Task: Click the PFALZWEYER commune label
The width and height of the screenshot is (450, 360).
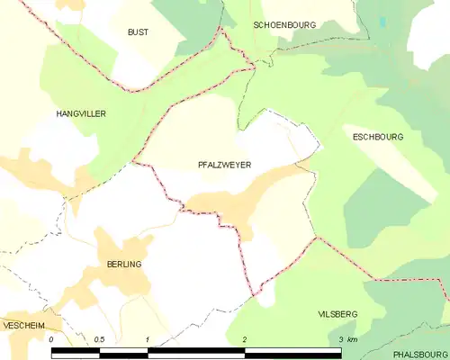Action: (x=224, y=166)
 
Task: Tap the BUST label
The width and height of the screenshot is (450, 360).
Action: (x=138, y=31)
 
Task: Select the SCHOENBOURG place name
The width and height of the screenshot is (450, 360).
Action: (x=284, y=25)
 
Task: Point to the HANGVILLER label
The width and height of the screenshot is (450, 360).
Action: (x=82, y=114)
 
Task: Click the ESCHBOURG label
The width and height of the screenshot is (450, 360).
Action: (x=378, y=137)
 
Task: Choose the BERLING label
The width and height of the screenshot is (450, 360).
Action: (x=124, y=265)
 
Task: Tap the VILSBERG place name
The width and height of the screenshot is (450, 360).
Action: (x=337, y=313)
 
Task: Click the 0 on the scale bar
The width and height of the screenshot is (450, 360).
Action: (x=52, y=339)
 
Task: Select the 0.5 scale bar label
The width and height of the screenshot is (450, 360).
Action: (x=99, y=339)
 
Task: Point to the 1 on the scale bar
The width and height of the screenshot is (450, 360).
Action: (x=147, y=339)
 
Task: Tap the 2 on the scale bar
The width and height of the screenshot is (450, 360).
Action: (x=244, y=339)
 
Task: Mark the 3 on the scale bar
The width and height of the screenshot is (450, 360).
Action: (x=340, y=339)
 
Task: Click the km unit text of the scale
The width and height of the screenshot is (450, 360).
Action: (x=352, y=339)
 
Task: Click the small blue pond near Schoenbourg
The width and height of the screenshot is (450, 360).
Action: (x=382, y=21)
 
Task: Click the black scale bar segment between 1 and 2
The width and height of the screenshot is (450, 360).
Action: (x=195, y=352)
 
